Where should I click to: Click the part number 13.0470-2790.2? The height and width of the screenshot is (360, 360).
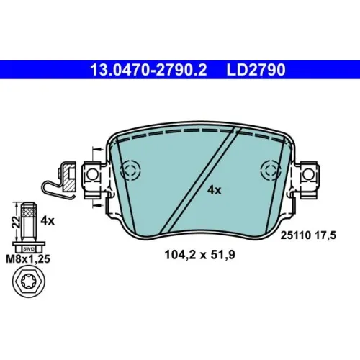148,70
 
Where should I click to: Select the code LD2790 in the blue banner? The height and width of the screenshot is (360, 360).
256,70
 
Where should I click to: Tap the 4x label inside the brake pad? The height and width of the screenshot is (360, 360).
215,190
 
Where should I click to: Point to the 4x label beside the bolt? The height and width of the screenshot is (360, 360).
48,220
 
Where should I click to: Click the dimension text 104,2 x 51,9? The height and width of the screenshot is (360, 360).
199,255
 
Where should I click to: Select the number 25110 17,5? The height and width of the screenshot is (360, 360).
308,235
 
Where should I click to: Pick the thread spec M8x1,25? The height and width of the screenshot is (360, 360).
28,259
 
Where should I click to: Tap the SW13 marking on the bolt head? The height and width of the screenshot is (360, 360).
29,249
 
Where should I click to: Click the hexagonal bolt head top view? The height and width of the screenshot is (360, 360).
29,282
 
